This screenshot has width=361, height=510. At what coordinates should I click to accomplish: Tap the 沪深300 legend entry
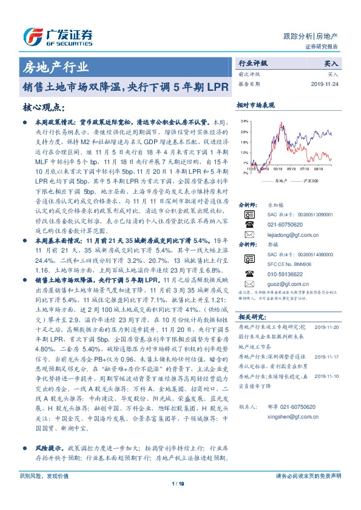pyautogui.click(x=308, y=180)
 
